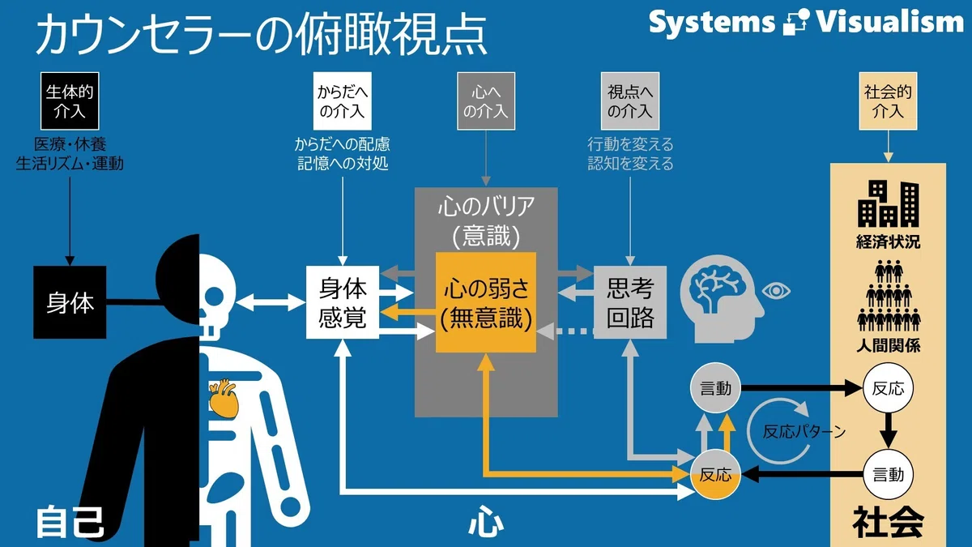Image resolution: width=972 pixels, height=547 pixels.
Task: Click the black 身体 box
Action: pyautogui.click(x=70, y=302)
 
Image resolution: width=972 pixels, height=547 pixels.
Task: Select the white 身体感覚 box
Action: pyautogui.click(x=343, y=302)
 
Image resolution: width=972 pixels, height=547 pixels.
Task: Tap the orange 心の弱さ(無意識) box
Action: pyautogui.click(x=486, y=302)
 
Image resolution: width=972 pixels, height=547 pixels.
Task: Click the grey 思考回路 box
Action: pyautogui.click(x=630, y=302)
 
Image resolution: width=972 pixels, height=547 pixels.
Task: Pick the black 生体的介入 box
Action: pyautogui.click(x=70, y=101)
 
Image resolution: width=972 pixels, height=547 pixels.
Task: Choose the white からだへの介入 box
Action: pyautogui.click(x=343, y=101)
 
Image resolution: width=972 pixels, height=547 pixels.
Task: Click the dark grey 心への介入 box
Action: pyautogui.click(x=486, y=101)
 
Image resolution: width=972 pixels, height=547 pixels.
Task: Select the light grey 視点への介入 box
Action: pyautogui.click(x=630, y=101)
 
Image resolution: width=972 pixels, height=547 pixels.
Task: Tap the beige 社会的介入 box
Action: pyautogui.click(x=889, y=101)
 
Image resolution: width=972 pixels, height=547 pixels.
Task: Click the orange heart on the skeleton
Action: pyautogui.click(x=224, y=398)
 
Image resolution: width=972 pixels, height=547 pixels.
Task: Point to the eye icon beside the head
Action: pyautogui.click(x=776, y=291)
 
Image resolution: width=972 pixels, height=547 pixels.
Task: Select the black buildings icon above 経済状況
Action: pyautogui.click(x=889, y=203)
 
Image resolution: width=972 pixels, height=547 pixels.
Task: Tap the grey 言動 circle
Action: pyautogui.click(x=715, y=388)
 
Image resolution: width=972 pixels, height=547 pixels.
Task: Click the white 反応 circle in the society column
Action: pyautogui.click(x=889, y=388)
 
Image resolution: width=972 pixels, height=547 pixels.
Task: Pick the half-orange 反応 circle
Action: pyautogui.click(x=715, y=475)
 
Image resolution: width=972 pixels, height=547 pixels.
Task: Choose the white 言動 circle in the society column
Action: pyautogui.click(x=889, y=475)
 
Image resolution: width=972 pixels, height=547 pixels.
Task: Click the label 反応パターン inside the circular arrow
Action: pyautogui.click(x=804, y=431)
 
